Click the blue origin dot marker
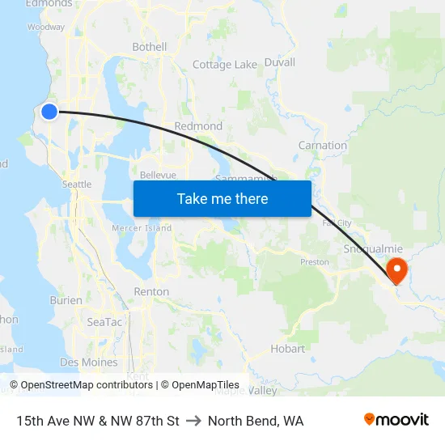tap(49, 112)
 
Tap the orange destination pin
tap(397, 269)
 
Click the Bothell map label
tap(150, 47)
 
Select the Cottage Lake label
tap(225, 65)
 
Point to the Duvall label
tap(279, 62)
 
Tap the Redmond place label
tap(198, 126)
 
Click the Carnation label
tap(323, 146)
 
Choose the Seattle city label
tap(77, 184)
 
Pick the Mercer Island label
tap(142, 228)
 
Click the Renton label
tap(151, 291)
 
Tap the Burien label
tap(66, 300)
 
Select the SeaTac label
tap(104, 322)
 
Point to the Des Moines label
tap(88, 362)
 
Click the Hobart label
tap(287, 349)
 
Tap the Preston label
tap(314, 262)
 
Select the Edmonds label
tap(49, 4)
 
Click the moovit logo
tap(396, 419)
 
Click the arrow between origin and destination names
tap(193, 421)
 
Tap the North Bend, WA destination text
tap(256, 421)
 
